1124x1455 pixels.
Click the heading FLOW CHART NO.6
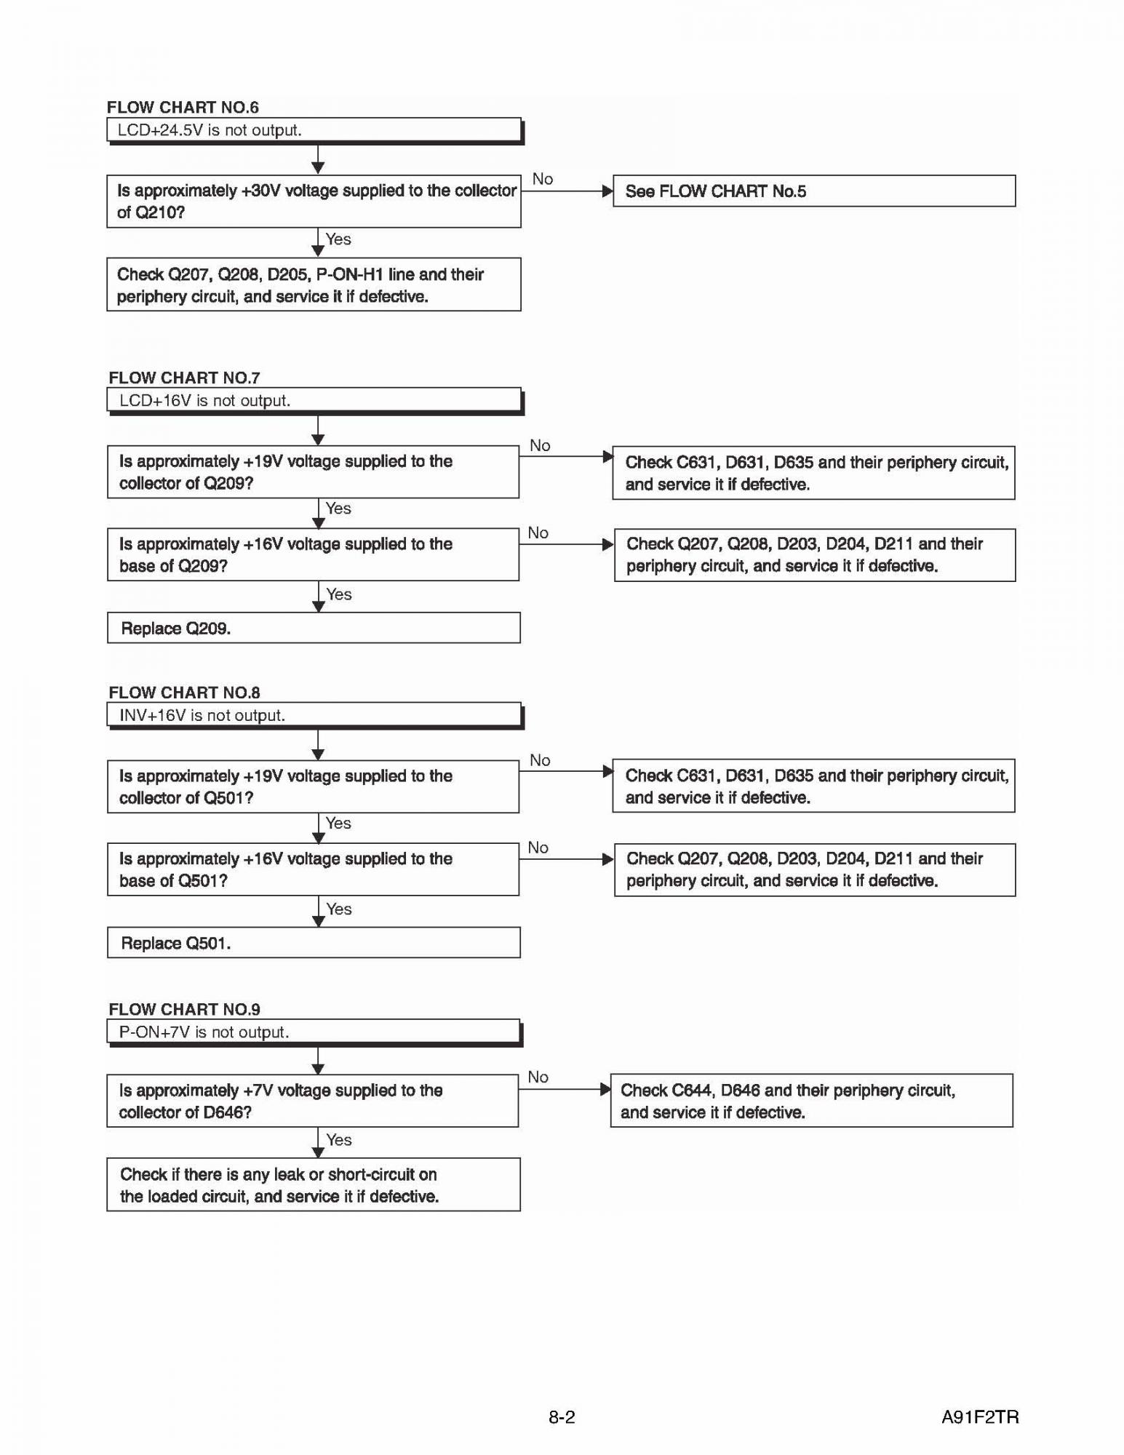tap(183, 108)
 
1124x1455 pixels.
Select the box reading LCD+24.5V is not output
tap(314, 130)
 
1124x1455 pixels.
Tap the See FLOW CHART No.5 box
tap(813, 191)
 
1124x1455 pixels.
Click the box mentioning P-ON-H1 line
tap(314, 285)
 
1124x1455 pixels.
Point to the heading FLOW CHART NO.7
tap(184, 378)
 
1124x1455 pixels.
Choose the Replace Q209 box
tap(314, 628)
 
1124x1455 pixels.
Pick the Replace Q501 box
tap(314, 943)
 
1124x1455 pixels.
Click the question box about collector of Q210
tap(314, 202)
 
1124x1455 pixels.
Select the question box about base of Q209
tap(313, 555)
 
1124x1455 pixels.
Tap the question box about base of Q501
tap(313, 869)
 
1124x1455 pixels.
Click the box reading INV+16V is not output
tap(314, 715)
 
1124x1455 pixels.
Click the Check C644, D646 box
tap(811, 1101)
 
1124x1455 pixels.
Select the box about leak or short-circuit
tap(313, 1185)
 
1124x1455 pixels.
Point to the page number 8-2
tap(562, 1417)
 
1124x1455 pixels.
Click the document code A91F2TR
tap(980, 1417)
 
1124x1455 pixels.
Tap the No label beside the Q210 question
tap(543, 179)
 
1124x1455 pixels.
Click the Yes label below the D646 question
tap(339, 1140)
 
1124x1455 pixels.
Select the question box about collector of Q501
tap(313, 787)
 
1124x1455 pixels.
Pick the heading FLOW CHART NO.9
tap(184, 1009)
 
